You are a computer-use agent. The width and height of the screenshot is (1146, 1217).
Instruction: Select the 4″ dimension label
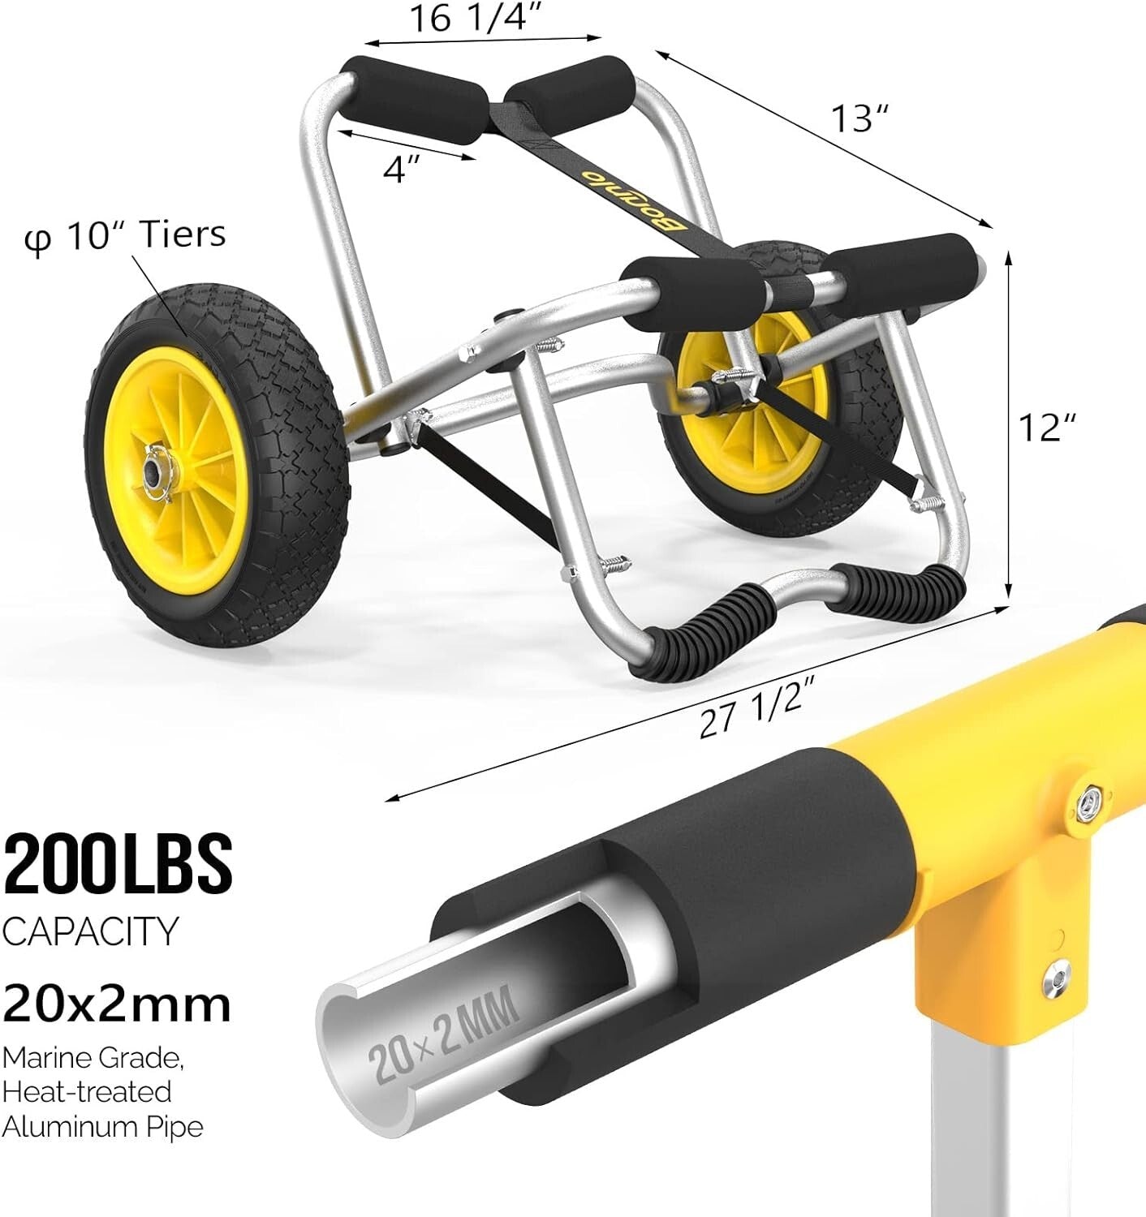pos(403,170)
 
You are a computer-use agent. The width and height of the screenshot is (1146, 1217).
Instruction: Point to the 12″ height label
pos(1047,427)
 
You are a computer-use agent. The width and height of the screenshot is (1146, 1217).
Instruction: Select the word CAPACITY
pos(89,931)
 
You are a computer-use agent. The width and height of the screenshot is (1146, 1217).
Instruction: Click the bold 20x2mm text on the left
pos(116,1004)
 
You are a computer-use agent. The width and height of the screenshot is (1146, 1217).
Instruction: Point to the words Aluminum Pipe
pos(102,1126)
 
